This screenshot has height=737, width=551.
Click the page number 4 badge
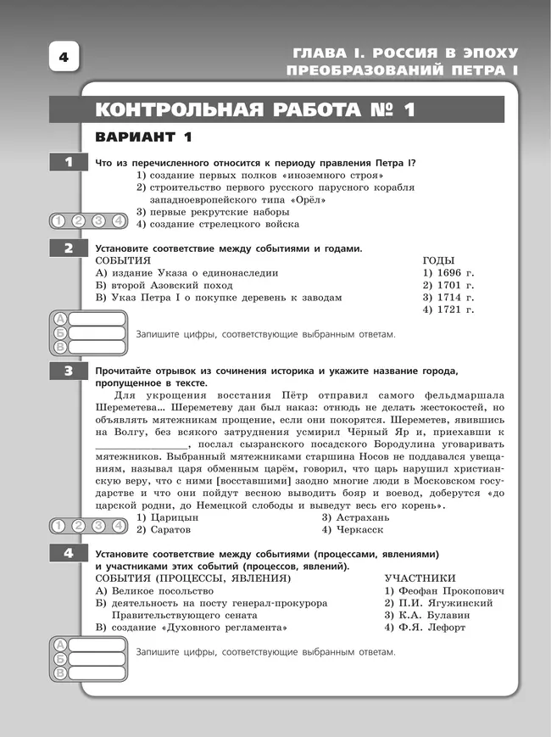(x=63, y=59)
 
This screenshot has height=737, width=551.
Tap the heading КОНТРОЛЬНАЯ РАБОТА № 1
(x=255, y=110)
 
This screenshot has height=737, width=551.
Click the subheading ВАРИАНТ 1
(x=144, y=137)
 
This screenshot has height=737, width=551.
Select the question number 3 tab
(x=67, y=371)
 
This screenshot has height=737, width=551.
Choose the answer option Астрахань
(x=356, y=516)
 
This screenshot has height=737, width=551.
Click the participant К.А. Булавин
(x=431, y=615)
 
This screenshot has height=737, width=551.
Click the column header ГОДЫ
(x=438, y=260)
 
